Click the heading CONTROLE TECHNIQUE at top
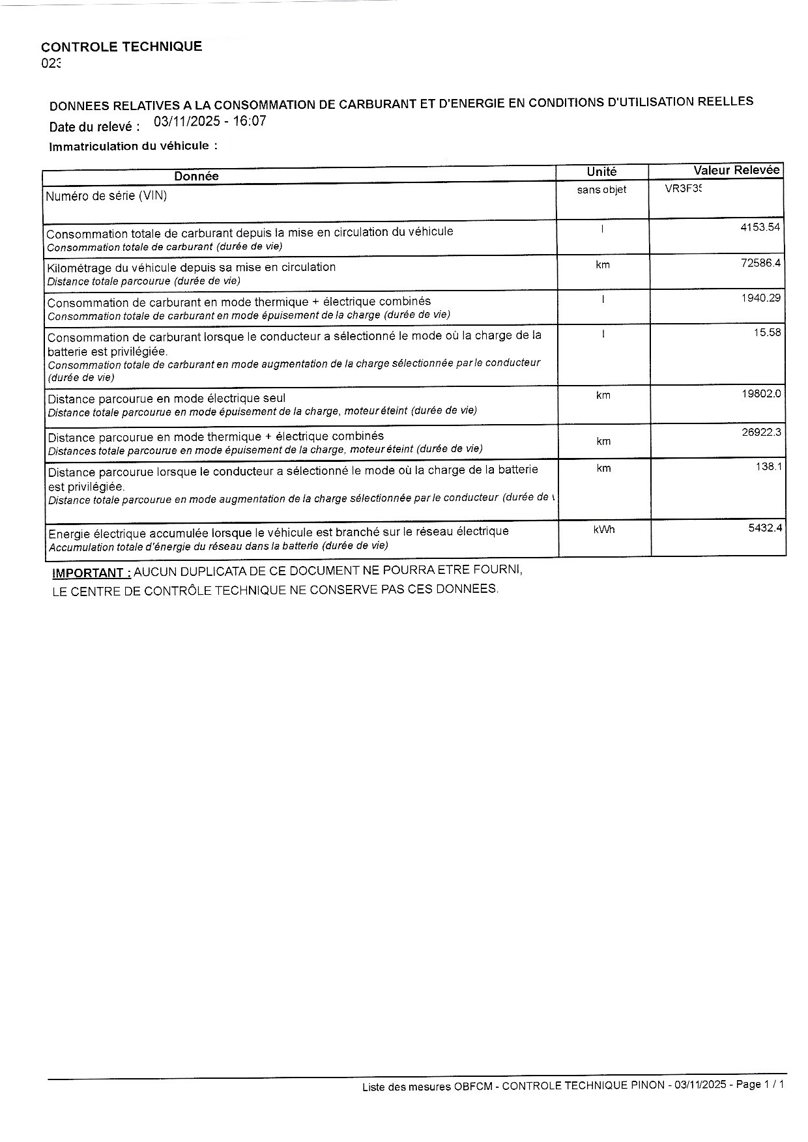(121, 46)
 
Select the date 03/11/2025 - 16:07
(210, 121)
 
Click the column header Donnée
(196, 176)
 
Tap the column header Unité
(601, 171)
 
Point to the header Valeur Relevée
(736, 170)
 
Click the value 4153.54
(760, 227)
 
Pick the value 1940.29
(760, 298)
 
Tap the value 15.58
(767, 333)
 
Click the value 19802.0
(761, 393)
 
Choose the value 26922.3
(761, 432)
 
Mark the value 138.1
(769, 466)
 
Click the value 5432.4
(765, 528)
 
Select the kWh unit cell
(604, 530)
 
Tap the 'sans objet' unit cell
(601, 190)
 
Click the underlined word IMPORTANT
(91, 573)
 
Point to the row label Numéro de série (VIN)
(106, 195)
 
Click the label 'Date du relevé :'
(94, 126)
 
